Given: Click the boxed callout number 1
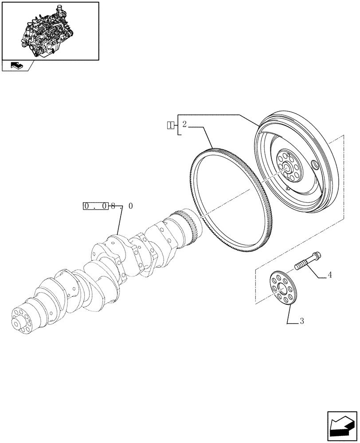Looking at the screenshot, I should tap(170, 124).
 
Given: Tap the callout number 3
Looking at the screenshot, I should tap(301, 322).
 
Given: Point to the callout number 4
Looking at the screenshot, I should tap(329, 275).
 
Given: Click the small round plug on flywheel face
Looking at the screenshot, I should tap(315, 166).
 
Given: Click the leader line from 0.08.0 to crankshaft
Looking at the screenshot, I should tap(119, 221).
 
